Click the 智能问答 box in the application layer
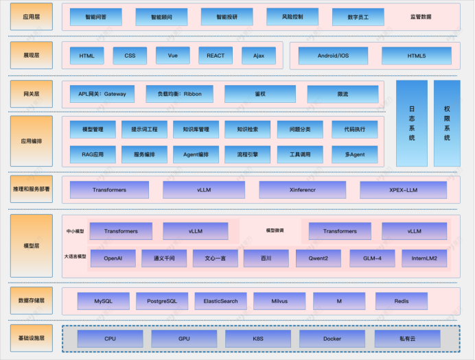pos(96,16)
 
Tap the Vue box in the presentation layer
pos(172,56)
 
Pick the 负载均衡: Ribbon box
pos(179,94)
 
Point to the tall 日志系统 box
pos(412,123)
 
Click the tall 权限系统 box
pos(447,123)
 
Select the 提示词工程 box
pos(144,128)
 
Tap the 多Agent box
pos(354,154)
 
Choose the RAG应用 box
pos(93,154)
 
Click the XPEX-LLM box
pos(403,189)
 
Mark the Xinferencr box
pos(302,189)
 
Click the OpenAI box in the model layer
pos(113,259)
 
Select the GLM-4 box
pos(372,259)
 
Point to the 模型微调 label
pos(275,231)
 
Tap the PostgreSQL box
pos(157,301)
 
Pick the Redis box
pos(402,301)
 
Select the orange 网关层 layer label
pos(31,93)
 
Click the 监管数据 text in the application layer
pos(421,17)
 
